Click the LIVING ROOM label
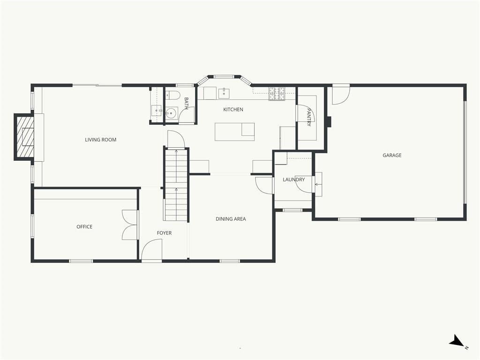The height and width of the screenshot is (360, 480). click(x=100, y=140)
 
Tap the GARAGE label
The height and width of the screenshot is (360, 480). click(x=392, y=155)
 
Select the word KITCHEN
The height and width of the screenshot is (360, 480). click(x=233, y=109)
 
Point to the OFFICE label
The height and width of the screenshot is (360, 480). click(x=84, y=226)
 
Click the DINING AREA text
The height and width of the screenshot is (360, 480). click(x=231, y=219)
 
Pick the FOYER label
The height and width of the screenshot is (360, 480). click(x=164, y=233)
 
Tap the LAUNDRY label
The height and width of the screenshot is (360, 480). click(x=293, y=180)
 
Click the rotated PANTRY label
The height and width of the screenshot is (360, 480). click(x=309, y=117)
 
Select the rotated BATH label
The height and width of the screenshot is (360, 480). click(x=186, y=104)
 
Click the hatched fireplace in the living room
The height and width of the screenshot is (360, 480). click(x=24, y=137)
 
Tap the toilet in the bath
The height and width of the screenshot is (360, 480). click(x=172, y=95)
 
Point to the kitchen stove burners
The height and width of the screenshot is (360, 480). click(x=277, y=94)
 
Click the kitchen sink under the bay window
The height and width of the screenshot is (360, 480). click(x=224, y=93)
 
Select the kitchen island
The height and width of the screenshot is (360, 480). click(x=234, y=132)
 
